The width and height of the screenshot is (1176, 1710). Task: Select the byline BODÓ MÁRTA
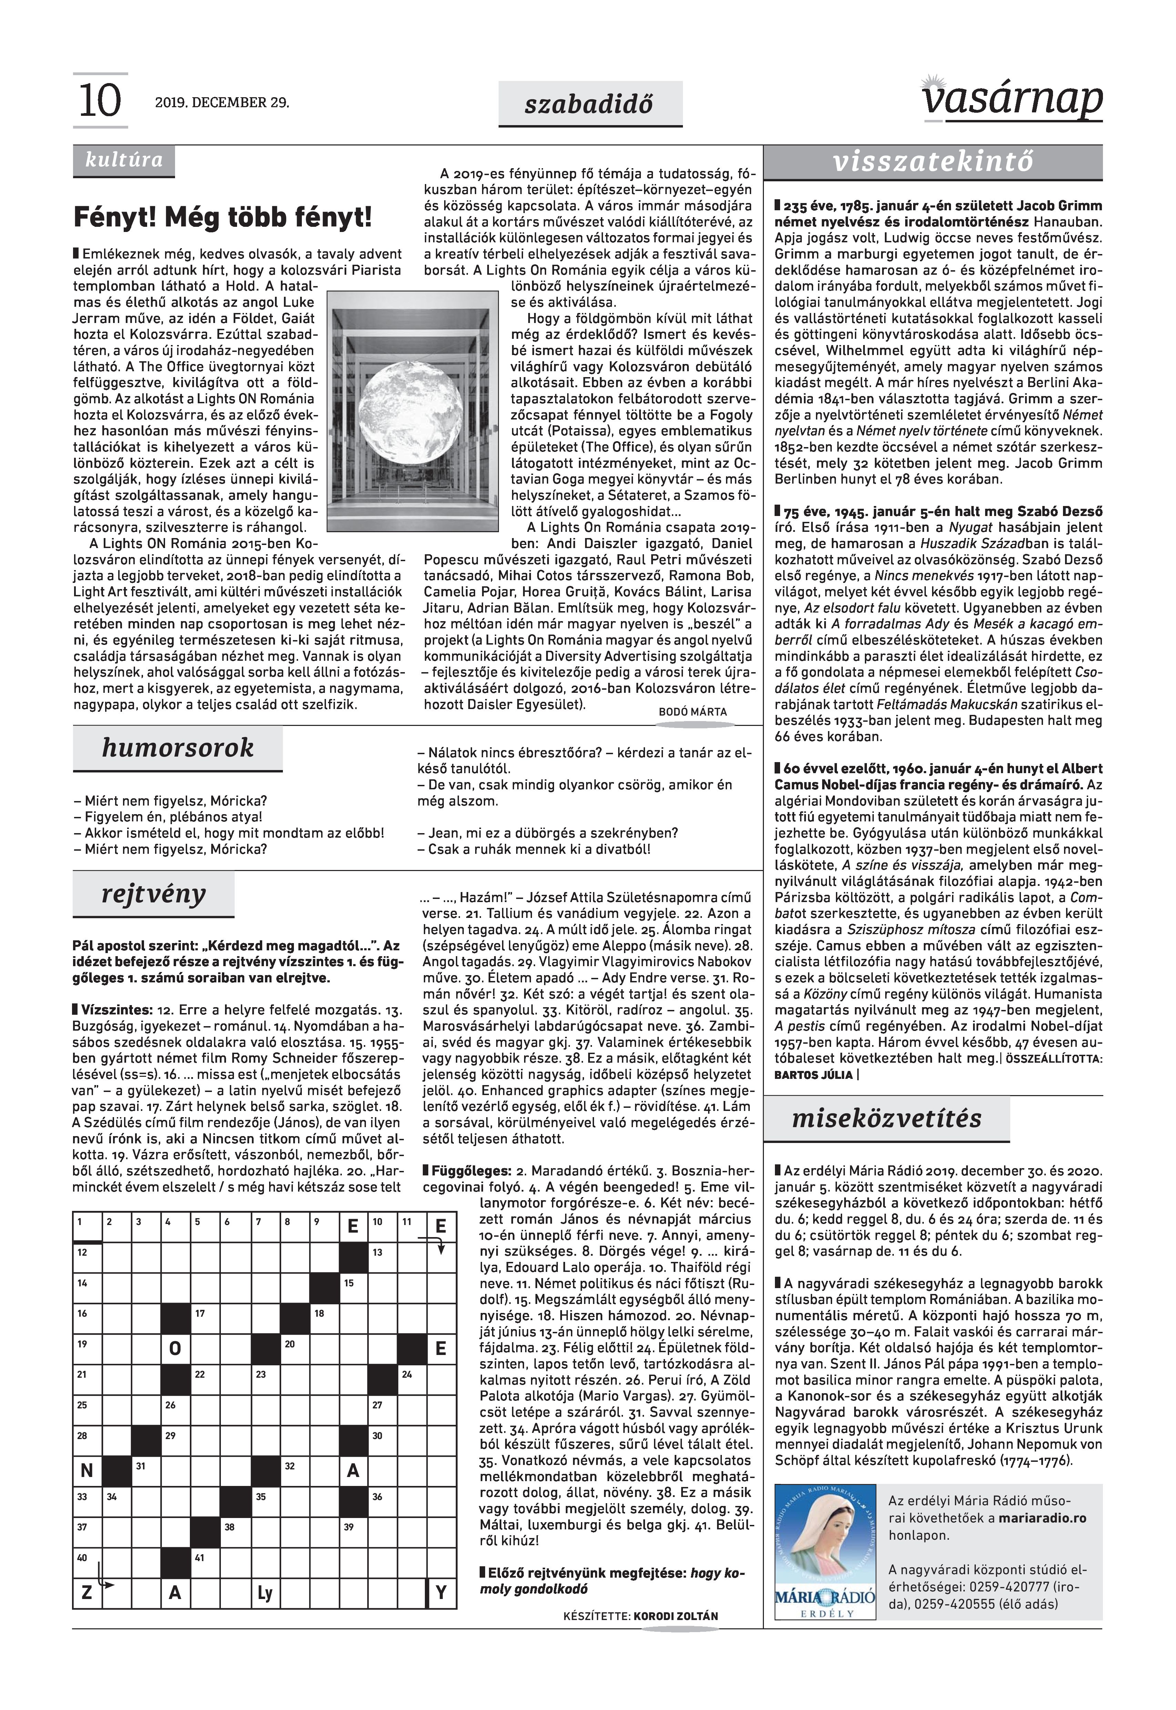tap(693, 712)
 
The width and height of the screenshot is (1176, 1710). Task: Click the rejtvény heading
tap(153, 894)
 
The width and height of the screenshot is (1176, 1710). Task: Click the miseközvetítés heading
tap(887, 1119)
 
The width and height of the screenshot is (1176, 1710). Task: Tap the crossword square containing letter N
tap(87, 1470)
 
